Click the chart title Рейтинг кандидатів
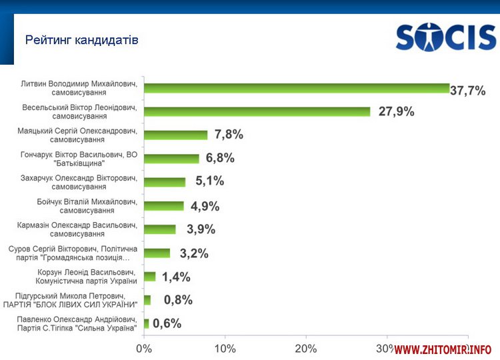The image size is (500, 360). click(82, 40)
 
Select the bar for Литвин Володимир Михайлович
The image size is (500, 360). click(297, 88)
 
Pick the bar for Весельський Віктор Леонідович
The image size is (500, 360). click(257, 111)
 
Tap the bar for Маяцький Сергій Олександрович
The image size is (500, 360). click(175, 135)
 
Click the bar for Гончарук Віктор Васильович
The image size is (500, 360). click(171, 159)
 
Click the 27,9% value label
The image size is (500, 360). click(396, 111)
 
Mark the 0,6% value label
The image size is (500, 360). click(167, 324)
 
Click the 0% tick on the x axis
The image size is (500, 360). click(144, 348)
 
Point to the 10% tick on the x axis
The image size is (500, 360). click(225, 348)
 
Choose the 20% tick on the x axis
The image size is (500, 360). click(306, 348)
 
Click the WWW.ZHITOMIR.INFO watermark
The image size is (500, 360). click(443, 349)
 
